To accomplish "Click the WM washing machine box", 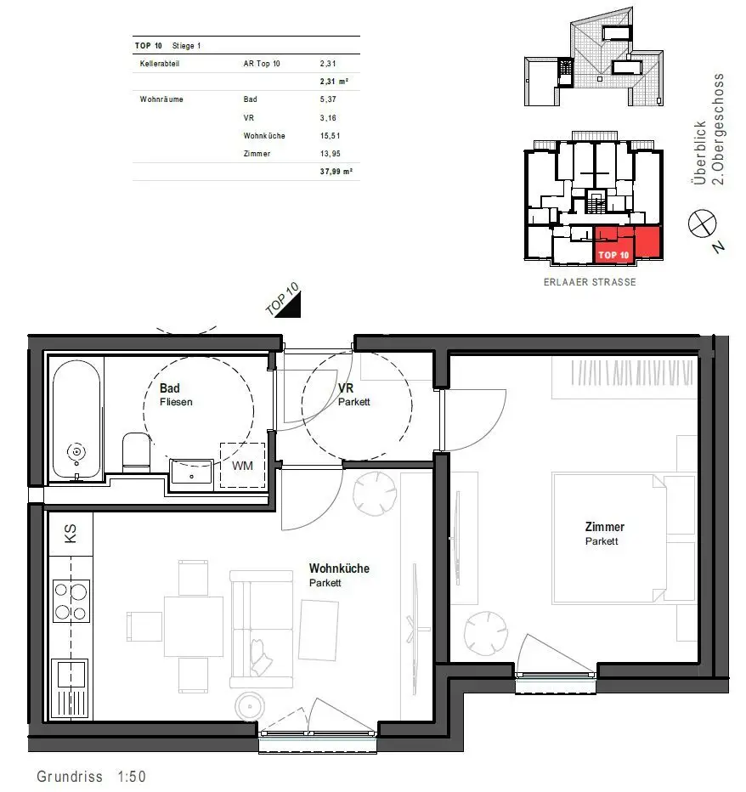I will click(x=243, y=465).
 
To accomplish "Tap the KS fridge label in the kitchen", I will click(x=70, y=534).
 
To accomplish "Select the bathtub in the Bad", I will click(x=77, y=417).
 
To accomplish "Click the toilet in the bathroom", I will click(x=136, y=453).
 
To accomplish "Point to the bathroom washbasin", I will click(x=193, y=471).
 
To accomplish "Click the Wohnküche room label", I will click(x=339, y=569).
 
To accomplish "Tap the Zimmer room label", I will click(x=604, y=527).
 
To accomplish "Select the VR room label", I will click(x=345, y=388).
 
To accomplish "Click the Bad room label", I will click(x=170, y=388).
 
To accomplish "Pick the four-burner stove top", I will click(x=71, y=600).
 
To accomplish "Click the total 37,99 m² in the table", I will click(x=336, y=171).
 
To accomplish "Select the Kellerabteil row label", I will click(x=161, y=64).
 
